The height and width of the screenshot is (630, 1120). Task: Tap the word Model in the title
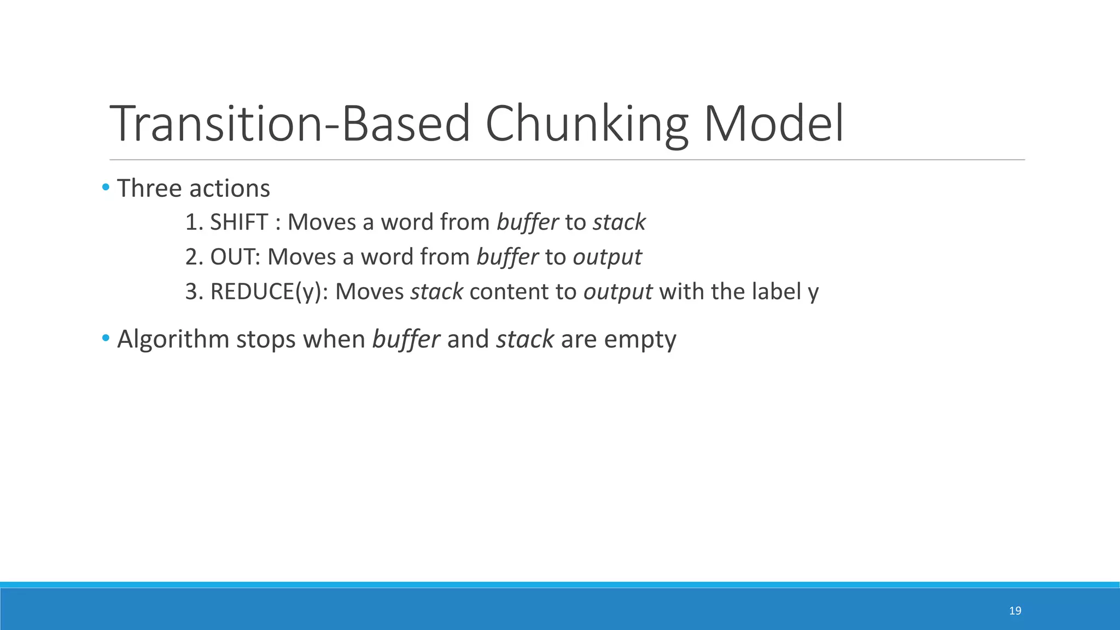773,125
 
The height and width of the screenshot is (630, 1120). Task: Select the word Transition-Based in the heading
290,125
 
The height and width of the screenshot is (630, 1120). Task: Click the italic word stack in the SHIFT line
619,222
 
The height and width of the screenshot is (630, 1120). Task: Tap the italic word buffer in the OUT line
507,256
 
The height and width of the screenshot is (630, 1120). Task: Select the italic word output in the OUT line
607,256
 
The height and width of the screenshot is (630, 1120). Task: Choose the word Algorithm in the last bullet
173,340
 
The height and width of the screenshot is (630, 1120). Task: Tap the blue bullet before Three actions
106,188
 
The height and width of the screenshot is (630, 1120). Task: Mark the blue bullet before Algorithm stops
106,339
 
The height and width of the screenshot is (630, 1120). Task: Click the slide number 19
1015,611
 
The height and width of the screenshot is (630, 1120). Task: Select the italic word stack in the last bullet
525,339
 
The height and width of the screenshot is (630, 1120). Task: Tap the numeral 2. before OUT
194,256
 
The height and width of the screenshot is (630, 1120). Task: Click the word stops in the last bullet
266,340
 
